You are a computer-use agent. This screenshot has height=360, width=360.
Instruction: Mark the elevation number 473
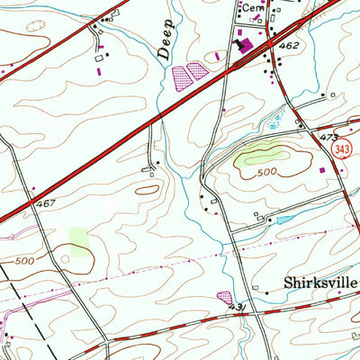(x=329, y=137)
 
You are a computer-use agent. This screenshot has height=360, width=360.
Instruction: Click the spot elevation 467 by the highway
(x=45, y=205)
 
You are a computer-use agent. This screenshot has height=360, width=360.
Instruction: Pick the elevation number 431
(x=237, y=309)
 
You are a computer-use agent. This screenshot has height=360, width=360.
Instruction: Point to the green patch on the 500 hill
(x=256, y=158)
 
